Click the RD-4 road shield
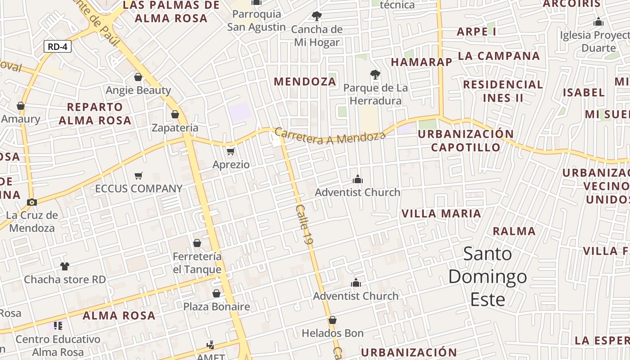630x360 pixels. tap(58, 46)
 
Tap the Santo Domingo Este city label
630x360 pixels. tap(488, 277)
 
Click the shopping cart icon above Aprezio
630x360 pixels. tap(231, 152)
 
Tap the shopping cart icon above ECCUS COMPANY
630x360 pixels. tap(139, 176)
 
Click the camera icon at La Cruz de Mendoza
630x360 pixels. tap(31, 202)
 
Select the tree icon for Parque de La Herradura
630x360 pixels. tap(375, 74)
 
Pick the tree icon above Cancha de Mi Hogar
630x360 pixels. tap(317, 16)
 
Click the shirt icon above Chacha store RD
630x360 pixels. tap(65, 266)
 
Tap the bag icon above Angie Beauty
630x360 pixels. tap(138, 77)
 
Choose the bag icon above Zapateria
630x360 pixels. tap(175, 114)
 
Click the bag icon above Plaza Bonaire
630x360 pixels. tap(216, 293)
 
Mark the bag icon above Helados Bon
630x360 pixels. tap(333, 320)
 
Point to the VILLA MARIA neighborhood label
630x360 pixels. tap(441, 214)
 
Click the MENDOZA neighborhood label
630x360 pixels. tap(305, 81)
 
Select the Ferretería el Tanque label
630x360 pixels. tap(197, 263)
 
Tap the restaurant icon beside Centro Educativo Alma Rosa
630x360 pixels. tap(58, 325)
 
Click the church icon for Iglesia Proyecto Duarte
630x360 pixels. tap(598, 22)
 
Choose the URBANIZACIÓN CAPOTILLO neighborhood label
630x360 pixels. tap(466, 140)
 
